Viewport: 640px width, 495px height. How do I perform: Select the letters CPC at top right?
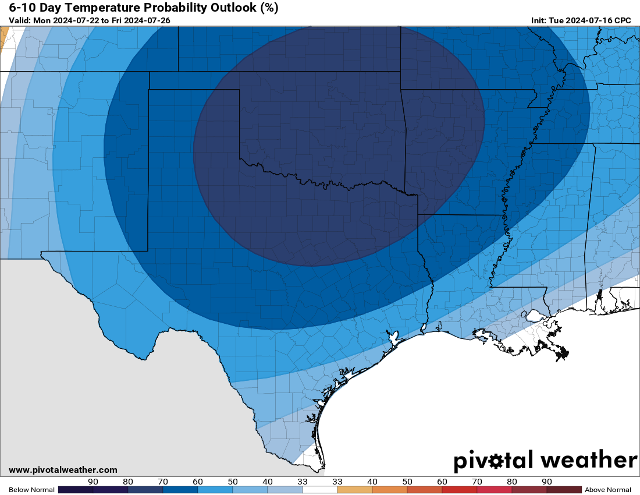pos(623,20)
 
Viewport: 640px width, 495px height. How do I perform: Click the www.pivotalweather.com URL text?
pos(63,470)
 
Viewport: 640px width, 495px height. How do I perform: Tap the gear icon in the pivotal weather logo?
pos(496,461)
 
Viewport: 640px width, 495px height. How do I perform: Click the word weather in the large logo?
pos(589,461)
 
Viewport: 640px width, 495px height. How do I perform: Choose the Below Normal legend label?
pos(31,490)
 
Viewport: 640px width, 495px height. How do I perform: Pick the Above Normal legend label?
pos(608,490)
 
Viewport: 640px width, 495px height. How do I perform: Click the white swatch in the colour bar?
pos(320,490)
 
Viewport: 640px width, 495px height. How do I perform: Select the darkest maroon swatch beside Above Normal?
pos(564,490)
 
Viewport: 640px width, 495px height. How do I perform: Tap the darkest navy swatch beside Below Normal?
pos(76,490)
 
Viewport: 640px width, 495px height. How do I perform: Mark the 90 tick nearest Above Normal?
pos(547,482)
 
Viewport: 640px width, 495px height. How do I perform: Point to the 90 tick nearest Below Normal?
pos(93,482)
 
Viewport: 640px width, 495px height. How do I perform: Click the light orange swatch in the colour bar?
pos(355,490)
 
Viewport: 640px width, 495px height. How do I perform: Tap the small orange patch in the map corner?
pos(4,38)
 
